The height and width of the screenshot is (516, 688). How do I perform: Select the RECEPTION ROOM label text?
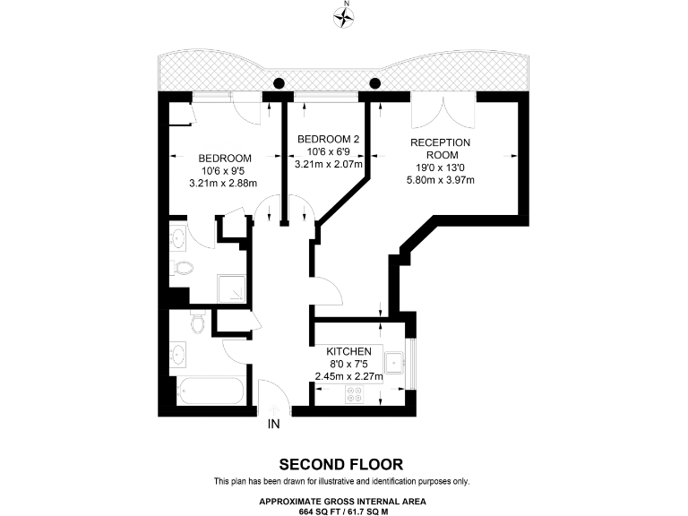coord(440,149)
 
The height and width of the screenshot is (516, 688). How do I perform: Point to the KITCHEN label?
coord(348,351)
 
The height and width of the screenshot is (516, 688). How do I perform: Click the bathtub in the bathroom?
coord(208,391)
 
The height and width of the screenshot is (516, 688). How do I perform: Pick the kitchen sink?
coord(393,363)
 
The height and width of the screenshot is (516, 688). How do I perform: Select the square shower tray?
coord(235,288)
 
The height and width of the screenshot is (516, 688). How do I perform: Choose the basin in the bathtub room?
coord(180,354)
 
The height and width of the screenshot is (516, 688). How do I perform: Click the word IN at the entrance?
coord(273,424)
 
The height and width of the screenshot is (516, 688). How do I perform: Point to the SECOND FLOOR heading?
coord(340,464)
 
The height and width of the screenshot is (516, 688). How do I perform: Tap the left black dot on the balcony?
coord(279,83)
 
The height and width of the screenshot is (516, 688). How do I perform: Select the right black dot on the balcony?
coord(374,83)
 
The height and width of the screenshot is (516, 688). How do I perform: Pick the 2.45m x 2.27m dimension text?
coord(348,376)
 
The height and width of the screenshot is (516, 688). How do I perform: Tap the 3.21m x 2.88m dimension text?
coord(223,184)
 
